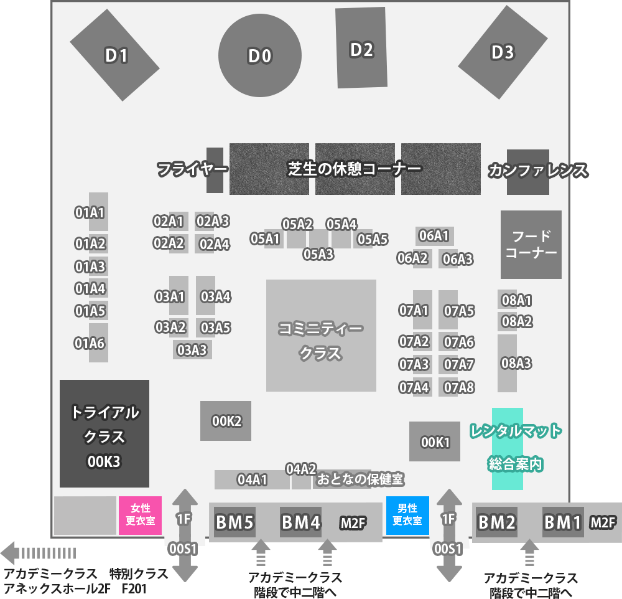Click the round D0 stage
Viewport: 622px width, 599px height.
(x=260, y=55)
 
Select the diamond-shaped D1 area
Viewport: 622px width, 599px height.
(x=114, y=55)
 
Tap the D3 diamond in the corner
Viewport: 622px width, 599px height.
(x=503, y=52)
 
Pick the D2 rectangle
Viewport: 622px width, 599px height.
(x=361, y=48)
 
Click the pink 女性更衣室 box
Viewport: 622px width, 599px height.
(x=141, y=515)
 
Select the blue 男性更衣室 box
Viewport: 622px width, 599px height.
(x=407, y=515)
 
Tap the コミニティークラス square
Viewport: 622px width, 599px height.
(x=321, y=336)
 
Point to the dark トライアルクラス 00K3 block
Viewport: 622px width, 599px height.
(x=104, y=433)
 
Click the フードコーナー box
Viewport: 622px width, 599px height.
(x=531, y=244)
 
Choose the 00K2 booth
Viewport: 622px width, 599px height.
(x=226, y=421)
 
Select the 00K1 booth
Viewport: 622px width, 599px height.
(x=435, y=441)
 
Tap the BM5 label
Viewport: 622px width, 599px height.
(x=234, y=522)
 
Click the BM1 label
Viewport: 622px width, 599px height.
(x=563, y=522)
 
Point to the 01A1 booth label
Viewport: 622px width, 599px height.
(x=90, y=213)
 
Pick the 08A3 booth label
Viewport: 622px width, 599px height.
(x=516, y=363)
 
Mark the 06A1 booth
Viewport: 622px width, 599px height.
(x=434, y=236)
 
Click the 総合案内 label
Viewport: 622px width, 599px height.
(x=515, y=464)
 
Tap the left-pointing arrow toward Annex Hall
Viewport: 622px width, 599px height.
(x=38, y=553)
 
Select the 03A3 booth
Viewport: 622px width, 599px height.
(x=192, y=350)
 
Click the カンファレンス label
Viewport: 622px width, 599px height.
(x=538, y=170)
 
